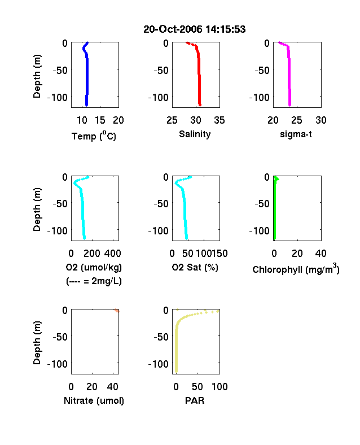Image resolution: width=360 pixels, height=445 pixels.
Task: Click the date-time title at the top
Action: [x=195, y=29]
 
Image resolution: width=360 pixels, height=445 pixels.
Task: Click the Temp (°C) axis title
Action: [x=94, y=136]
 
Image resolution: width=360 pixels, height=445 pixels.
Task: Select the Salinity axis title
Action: [x=195, y=134]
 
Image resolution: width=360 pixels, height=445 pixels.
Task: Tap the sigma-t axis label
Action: [x=296, y=134]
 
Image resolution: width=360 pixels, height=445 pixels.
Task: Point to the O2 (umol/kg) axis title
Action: [x=94, y=267]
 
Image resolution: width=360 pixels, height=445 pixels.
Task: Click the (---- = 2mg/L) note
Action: [x=94, y=281]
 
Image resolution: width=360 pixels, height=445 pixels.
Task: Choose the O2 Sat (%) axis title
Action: [x=195, y=267]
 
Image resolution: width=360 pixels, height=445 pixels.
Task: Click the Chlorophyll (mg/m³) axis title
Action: [x=296, y=269]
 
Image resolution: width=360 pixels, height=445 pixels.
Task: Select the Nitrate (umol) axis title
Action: [x=94, y=400]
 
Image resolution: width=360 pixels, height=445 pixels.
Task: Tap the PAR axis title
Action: [x=195, y=400]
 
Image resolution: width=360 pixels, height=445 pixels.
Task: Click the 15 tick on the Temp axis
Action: [x=100, y=120]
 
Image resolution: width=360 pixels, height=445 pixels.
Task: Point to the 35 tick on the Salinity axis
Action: [x=219, y=120]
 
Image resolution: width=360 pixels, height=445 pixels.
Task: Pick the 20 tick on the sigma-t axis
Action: [x=273, y=120]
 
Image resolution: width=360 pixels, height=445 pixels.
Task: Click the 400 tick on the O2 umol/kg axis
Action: [x=113, y=254]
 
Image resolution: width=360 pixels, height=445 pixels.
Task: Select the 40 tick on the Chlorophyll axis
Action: [x=321, y=254]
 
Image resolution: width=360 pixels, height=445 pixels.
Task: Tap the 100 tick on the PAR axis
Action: [x=219, y=386]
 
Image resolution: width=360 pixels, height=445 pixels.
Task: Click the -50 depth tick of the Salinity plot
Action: [x=161, y=70]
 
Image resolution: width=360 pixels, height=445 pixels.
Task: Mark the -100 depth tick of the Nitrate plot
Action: [x=57, y=364]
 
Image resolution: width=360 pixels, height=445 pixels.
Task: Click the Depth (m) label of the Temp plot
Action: [x=37, y=76]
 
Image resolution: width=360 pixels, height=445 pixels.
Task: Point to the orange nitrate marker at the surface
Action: [x=116, y=311]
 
